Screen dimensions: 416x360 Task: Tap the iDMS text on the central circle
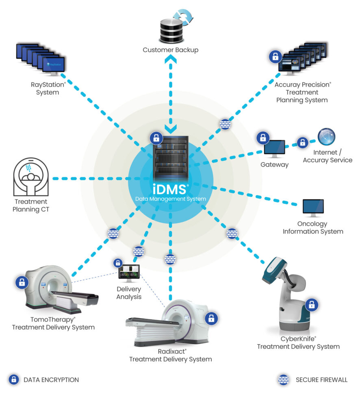click(170, 189)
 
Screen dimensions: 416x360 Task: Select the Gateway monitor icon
click(275, 149)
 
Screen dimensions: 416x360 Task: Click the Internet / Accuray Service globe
click(327, 137)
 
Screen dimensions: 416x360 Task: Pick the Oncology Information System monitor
click(313, 208)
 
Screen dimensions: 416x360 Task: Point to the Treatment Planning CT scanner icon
click(31, 177)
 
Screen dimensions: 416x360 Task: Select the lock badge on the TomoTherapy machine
click(22, 282)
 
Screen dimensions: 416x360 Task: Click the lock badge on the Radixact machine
click(211, 318)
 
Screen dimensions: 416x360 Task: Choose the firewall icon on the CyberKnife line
click(232, 233)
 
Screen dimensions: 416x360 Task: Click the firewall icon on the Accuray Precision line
click(225, 124)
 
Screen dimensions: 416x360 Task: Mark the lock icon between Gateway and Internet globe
click(302, 142)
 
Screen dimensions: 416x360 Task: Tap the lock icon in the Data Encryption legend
click(14, 379)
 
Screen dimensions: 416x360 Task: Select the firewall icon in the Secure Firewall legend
click(283, 379)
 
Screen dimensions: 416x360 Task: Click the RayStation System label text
click(48, 89)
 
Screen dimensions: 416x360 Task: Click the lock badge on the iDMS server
click(156, 138)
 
